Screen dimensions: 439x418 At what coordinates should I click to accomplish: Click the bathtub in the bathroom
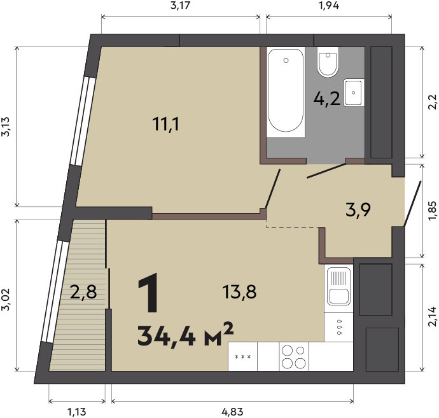(286, 92)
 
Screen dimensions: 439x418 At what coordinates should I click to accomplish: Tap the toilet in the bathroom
(328, 62)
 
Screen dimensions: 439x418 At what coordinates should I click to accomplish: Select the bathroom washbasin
(354, 92)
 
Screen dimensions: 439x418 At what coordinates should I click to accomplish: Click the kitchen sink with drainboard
(338, 286)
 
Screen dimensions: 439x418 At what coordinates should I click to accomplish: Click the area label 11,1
(166, 124)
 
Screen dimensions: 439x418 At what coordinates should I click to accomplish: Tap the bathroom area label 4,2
(327, 99)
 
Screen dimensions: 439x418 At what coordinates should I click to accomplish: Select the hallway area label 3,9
(358, 210)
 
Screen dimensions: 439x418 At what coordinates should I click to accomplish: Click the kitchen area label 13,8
(239, 291)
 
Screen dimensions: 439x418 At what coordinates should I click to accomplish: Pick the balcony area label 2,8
(83, 292)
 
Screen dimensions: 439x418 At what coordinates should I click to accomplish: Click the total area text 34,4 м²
(185, 333)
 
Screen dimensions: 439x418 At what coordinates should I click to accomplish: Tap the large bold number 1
(148, 293)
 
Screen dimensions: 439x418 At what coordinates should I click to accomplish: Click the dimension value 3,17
(181, 6)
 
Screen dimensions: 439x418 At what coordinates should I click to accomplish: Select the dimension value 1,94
(329, 6)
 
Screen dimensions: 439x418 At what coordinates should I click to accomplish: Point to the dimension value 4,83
(232, 412)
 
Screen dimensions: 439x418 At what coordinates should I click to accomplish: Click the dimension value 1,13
(77, 412)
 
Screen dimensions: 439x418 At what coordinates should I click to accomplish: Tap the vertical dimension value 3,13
(6, 127)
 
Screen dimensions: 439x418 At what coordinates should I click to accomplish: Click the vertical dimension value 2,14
(432, 317)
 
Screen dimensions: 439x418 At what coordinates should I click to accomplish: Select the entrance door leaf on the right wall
(412, 203)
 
